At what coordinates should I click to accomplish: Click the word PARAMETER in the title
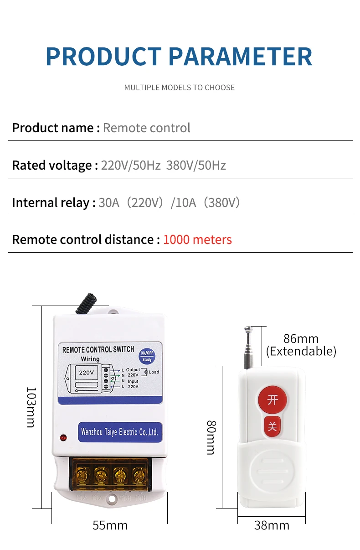click(241, 57)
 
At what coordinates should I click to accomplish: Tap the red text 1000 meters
click(197, 239)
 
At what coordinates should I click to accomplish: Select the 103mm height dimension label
click(31, 407)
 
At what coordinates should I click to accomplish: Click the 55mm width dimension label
click(110, 525)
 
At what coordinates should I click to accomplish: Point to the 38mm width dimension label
click(272, 525)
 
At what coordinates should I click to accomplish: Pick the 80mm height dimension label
click(211, 437)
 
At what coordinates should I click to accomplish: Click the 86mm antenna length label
click(301, 338)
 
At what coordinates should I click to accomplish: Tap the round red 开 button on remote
click(273, 400)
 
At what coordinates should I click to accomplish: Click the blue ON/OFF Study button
click(147, 356)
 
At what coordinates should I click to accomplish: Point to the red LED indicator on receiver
click(63, 438)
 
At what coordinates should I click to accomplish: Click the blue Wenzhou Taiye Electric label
click(119, 431)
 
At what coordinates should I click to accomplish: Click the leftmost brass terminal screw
click(82, 475)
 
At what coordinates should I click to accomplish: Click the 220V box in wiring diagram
click(87, 372)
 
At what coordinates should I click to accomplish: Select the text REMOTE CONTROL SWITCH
click(98, 349)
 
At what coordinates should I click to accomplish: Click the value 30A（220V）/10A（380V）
click(169, 202)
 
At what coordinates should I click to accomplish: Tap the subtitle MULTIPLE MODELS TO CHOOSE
click(180, 88)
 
